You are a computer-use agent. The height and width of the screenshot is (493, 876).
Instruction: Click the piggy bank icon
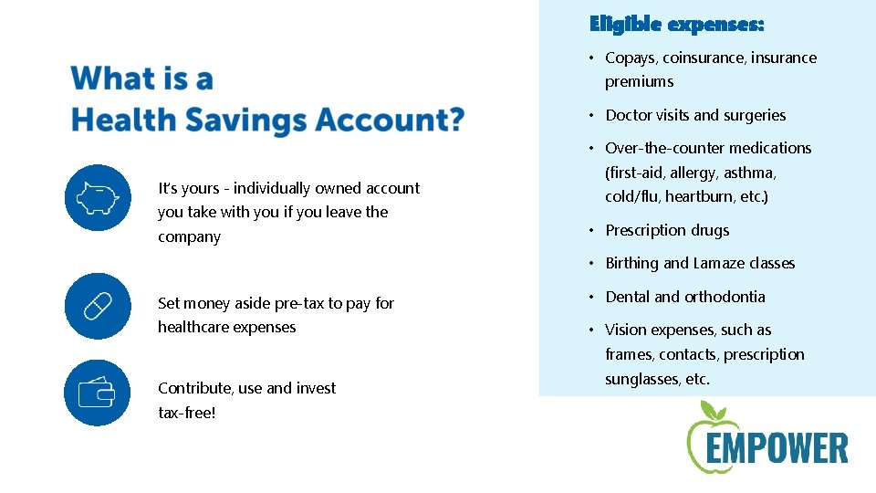pos(98,197)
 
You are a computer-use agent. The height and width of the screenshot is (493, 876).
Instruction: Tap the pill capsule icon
pos(98,306)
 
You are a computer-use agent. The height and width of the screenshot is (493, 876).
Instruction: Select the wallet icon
pos(98,392)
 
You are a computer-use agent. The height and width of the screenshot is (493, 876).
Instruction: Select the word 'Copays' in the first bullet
pos(631,58)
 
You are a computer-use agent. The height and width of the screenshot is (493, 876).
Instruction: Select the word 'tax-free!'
pos(187,413)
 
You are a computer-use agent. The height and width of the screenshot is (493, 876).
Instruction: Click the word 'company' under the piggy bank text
pos(189,236)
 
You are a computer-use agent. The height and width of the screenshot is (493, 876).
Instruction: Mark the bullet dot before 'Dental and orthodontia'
pos(591,297)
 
